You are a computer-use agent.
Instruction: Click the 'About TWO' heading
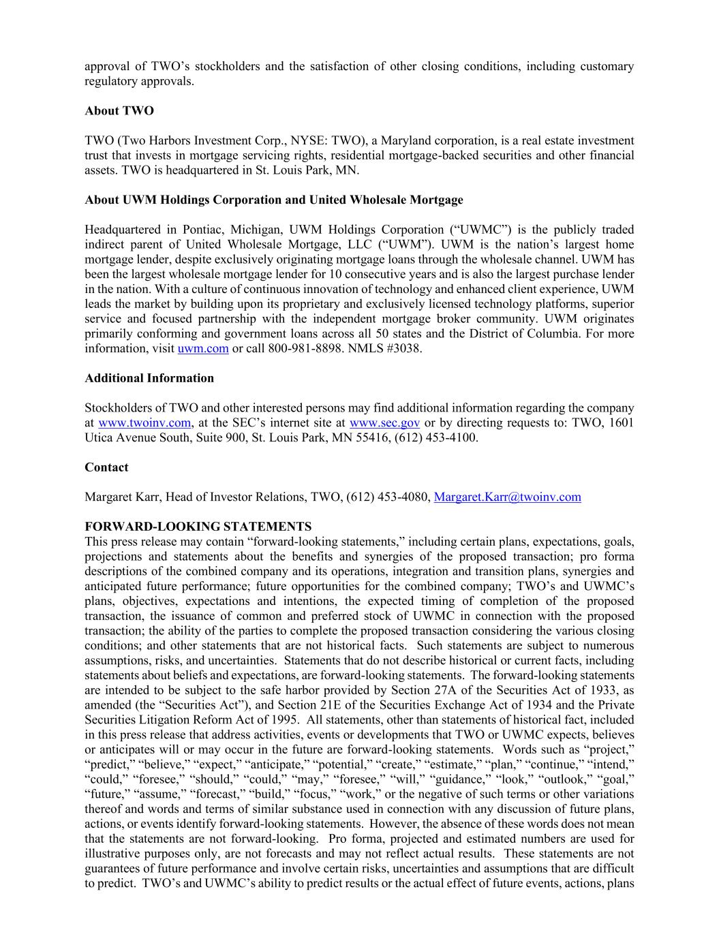pyautogui.click(x=119, y=111)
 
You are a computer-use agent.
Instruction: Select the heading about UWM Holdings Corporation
pyautogui.click(x=273, y=200)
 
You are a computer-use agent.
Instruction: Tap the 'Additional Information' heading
pyautogui.click(x=149, y=378)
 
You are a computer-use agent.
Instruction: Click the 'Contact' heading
pyautogui.click(x=106, y=467)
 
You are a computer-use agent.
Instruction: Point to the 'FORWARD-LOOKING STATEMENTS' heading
pyautogui.click(x=198, y=527)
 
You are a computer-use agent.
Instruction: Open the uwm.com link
pyautogui.click(x=203, y=349)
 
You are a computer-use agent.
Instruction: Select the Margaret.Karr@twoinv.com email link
pyautogui.click(x=507, y=497)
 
